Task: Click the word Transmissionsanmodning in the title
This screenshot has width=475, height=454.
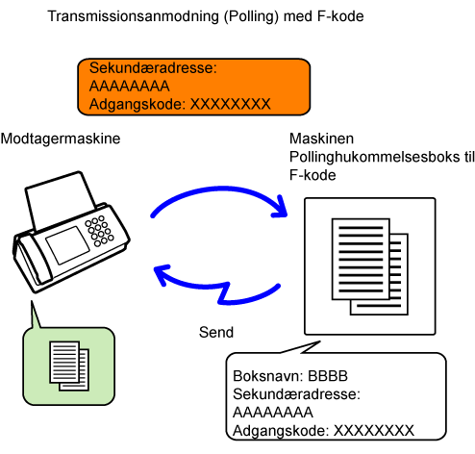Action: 133,16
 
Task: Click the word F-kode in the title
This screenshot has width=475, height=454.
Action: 340,16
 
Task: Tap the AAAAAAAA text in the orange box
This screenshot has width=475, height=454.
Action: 130,86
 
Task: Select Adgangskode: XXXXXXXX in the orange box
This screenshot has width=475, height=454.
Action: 180,104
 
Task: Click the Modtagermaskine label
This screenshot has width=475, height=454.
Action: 61,139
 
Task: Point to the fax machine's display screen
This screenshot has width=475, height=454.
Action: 67,245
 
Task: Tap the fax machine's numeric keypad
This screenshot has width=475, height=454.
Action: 99,231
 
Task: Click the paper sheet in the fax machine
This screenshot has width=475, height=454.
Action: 60,199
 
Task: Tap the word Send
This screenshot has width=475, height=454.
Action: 216,332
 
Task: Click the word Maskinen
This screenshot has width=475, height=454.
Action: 321,139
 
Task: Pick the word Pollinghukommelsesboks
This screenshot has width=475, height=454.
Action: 374,157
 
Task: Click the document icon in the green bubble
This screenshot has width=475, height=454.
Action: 69,366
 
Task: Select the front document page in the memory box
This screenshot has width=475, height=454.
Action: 361,259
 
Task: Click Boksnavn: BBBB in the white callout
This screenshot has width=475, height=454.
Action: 290,376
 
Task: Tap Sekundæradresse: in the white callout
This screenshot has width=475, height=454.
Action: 296,394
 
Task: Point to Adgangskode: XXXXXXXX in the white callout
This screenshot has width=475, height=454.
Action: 323,431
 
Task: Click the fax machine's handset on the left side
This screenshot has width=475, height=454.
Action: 32,260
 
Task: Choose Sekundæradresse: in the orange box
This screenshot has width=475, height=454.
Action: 153,68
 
